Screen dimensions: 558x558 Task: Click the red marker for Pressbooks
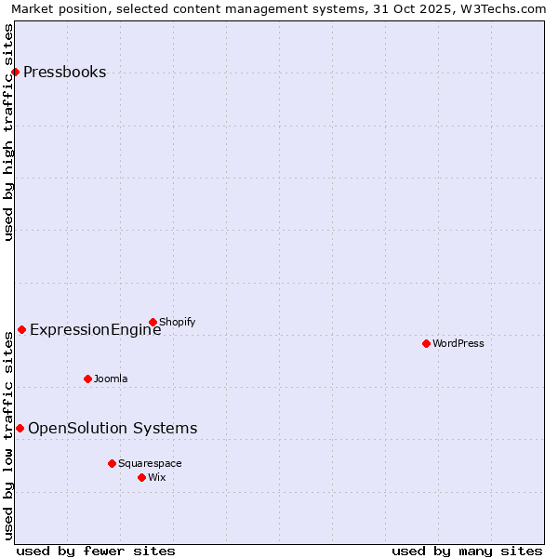tap(15, 73)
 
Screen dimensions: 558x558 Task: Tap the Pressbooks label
tap(64, 73)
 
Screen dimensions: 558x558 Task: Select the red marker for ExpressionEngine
tap(21, 330)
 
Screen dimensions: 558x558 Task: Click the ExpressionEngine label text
tap(95, 330)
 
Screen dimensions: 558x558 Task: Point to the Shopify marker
tap(153, 323)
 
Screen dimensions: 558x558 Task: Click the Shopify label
tap(177, 323)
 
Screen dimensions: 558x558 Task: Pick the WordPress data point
tap(426, 344)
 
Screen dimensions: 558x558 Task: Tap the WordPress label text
tap(458, 344)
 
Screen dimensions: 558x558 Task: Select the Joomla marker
tap(87, 379)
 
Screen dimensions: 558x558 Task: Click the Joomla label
tap(111, 379)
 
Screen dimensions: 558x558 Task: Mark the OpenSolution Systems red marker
tap(20, 429)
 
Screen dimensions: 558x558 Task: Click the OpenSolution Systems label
tap(113, 429)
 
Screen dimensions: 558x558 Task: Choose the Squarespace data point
tap(112, 463)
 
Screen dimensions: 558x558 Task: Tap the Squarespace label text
tap(150, 464)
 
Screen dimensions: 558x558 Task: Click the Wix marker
tap(141, 478)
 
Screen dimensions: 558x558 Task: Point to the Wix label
tap(157, 478)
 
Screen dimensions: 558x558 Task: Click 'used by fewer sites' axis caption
tap(96, 551)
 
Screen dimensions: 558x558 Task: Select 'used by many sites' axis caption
tap(467, 551)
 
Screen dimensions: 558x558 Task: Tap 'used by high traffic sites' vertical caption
tap(8, 132)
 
